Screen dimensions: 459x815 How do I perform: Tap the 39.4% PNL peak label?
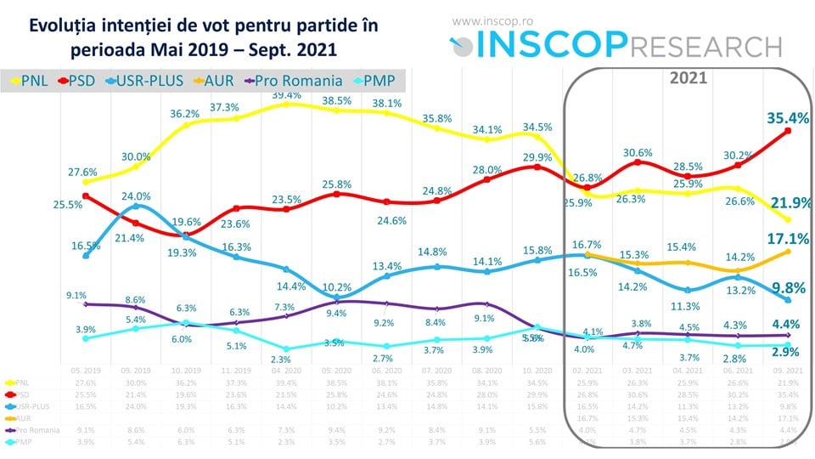pos(286,94)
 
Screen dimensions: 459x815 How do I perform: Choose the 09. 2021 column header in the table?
pos(788,371)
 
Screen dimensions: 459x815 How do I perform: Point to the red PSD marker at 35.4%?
pos(788,131)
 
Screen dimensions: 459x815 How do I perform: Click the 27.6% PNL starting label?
pos(83,173)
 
